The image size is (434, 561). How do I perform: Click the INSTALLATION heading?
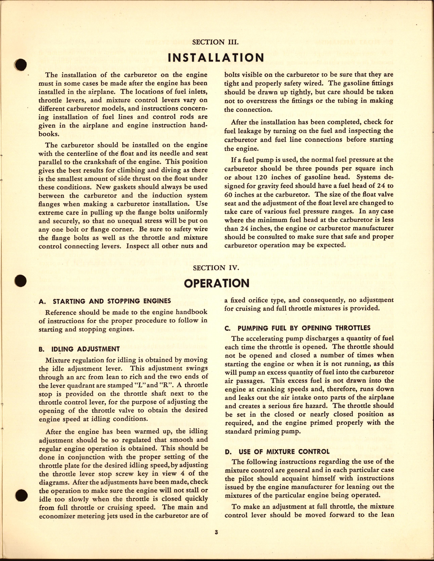216,57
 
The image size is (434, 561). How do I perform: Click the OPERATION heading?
216,283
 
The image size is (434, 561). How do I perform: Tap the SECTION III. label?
215,42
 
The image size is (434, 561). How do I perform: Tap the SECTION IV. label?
216,268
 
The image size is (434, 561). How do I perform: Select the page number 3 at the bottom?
216,532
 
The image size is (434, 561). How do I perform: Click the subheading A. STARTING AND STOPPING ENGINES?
105,301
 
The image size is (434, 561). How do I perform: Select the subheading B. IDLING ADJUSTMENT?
79,349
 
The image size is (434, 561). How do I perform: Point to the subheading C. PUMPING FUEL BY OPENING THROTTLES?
297,328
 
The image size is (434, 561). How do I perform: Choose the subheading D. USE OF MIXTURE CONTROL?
277,451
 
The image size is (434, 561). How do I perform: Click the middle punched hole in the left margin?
21,280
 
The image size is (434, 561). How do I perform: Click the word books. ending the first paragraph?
49,134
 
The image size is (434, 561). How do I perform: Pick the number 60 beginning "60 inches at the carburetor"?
229,194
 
